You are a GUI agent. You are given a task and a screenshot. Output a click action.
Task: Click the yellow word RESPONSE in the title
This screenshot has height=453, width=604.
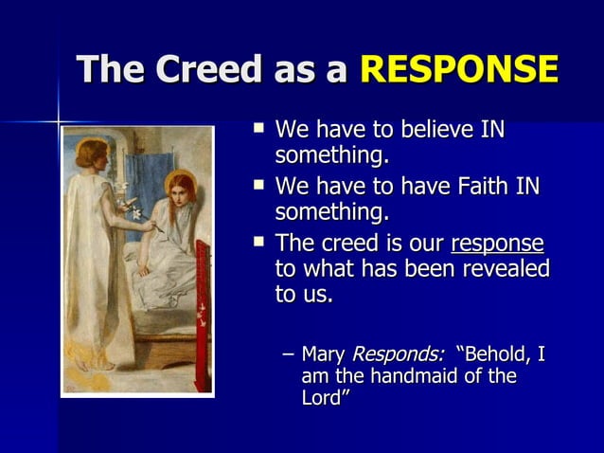(x=459, y=69)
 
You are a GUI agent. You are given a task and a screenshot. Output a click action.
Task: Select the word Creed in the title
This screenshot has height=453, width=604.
(x=210, y=69)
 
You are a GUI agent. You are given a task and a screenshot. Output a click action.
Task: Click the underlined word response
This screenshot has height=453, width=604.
(x=497, y=244)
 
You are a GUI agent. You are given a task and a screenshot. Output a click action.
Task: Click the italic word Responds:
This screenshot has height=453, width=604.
(x=398, y=355)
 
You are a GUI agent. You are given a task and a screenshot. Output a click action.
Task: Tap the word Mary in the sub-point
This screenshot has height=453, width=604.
(x=323, y=355)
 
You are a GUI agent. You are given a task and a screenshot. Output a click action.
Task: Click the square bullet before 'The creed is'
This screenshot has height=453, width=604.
(x=258, y=243)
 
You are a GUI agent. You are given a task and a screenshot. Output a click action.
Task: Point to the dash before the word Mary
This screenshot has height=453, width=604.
(x=288, y=355)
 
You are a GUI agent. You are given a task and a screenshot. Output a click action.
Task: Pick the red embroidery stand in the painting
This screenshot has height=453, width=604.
(x=202, y=313)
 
